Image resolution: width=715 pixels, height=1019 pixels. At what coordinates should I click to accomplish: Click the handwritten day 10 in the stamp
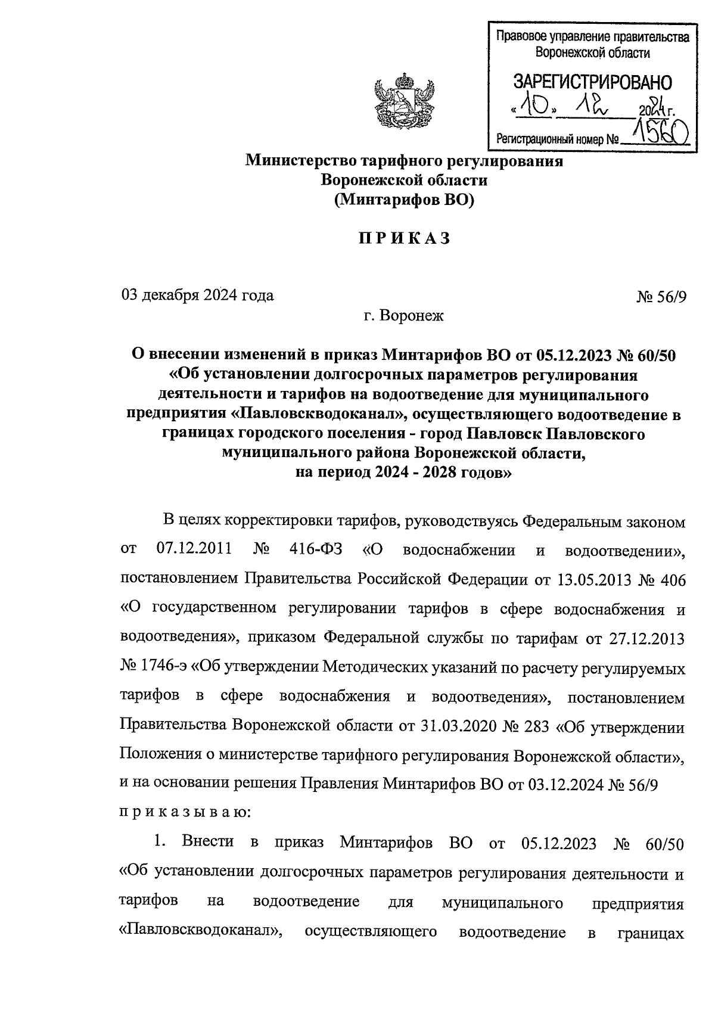coord(533,108)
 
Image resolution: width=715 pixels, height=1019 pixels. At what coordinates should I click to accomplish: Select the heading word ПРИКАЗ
coord(404,239)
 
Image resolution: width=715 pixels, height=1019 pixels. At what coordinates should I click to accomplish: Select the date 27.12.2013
coord(648,639)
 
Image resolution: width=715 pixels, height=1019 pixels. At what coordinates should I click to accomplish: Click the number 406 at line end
coord(672,579)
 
